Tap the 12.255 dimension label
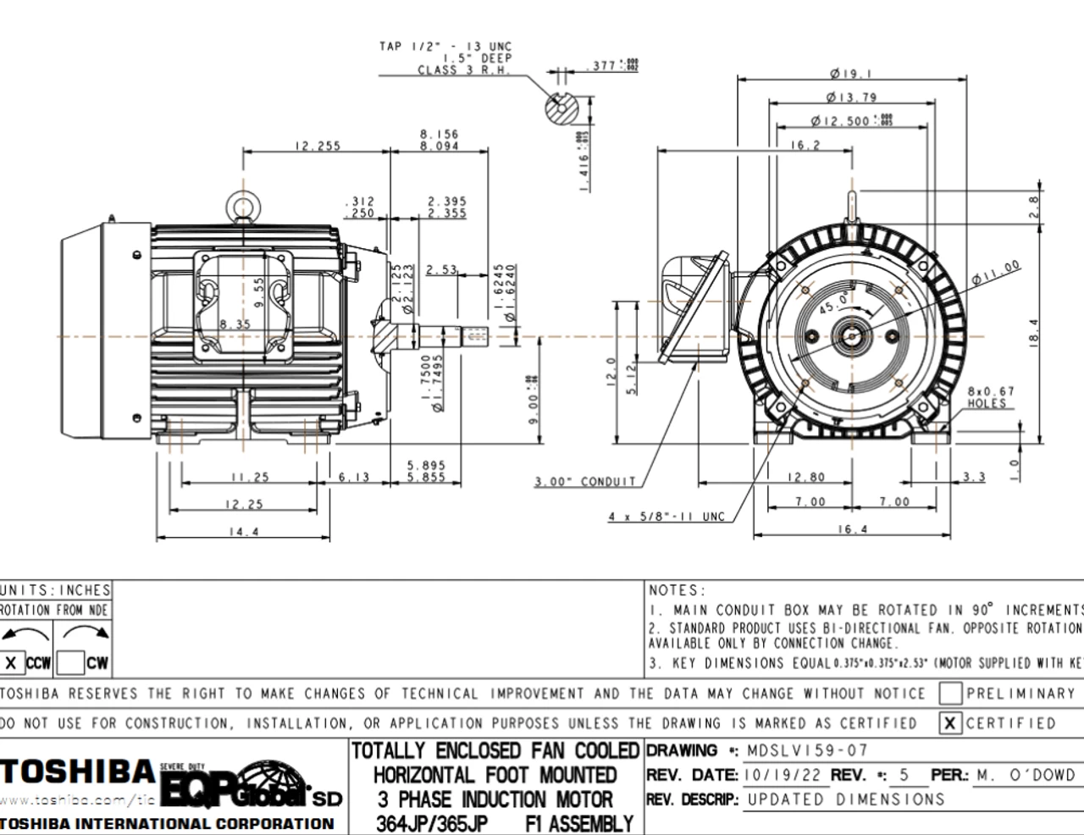318,146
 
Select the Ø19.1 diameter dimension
851,74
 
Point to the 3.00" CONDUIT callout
584,482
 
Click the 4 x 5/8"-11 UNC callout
666,517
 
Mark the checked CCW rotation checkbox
11,663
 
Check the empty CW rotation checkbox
71,663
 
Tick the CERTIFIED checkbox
950,723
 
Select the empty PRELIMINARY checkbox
950,694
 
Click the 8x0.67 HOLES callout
990,397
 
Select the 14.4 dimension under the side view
243,532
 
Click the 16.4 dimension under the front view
852,529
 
